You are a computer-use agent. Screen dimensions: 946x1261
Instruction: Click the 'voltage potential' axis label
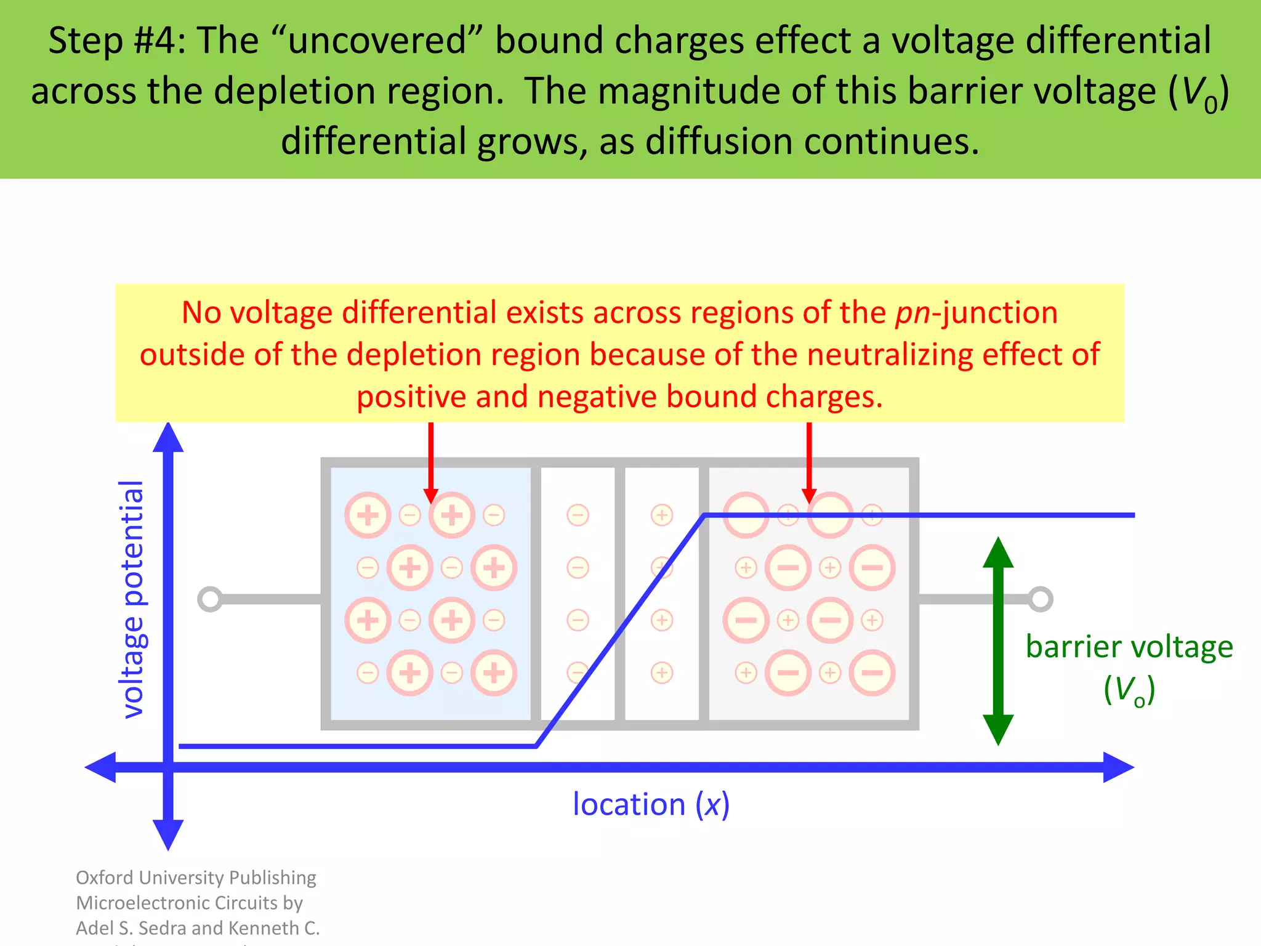(132, 599)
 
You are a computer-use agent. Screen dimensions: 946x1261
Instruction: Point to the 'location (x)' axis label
(651, 804)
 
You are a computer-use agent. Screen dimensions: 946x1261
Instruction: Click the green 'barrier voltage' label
(1129, 647)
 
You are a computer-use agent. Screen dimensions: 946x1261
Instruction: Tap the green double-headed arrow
(998, 641)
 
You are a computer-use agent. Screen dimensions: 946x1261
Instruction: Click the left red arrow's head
(431, 495)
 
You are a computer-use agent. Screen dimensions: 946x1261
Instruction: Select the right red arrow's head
(809, 495)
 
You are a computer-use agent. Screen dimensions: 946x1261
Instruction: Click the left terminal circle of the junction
(210, 599)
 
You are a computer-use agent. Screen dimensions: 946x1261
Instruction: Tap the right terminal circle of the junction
(1040, 599)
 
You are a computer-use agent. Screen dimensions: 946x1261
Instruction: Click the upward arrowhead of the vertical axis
(168, 437)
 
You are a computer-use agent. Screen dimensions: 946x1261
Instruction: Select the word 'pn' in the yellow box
(913, 313)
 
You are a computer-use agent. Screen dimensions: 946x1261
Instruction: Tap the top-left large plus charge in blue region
(368, 515)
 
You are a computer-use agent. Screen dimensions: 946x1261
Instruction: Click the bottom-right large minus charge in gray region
(872, 673)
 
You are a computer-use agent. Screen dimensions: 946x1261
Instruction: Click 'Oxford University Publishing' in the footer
(196, 878)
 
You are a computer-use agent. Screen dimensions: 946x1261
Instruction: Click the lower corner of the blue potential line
(536, 746)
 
